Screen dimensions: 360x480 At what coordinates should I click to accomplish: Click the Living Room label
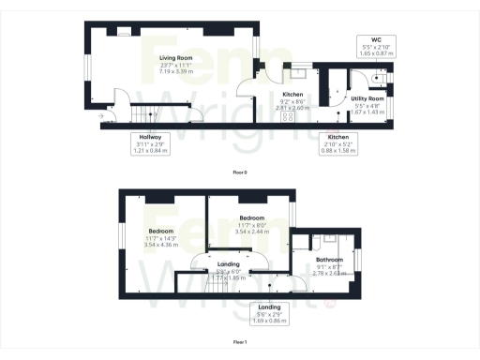pos(175,57)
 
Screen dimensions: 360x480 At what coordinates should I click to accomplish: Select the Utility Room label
pos(368,98)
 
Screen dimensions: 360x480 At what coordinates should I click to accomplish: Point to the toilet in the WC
pos(380,79)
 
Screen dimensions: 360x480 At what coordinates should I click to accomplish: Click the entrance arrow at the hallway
pos(100,116)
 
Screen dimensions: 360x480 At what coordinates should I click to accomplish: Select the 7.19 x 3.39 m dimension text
pos(175,71)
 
